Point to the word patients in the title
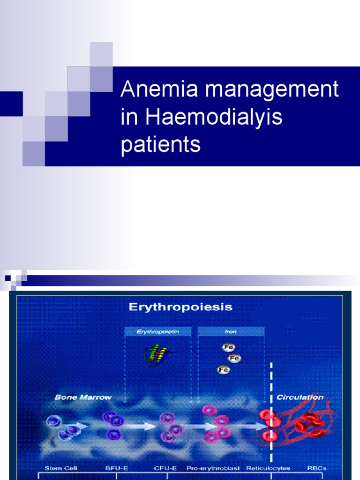coord(160,144)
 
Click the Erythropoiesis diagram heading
coord(180,307)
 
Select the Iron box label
coord(231,332)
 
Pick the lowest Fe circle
coord(223,370)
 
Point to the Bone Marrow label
coord(83,397)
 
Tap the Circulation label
coord(300,397)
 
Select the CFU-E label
coord(165,468)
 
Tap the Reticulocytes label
coord(269,468)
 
